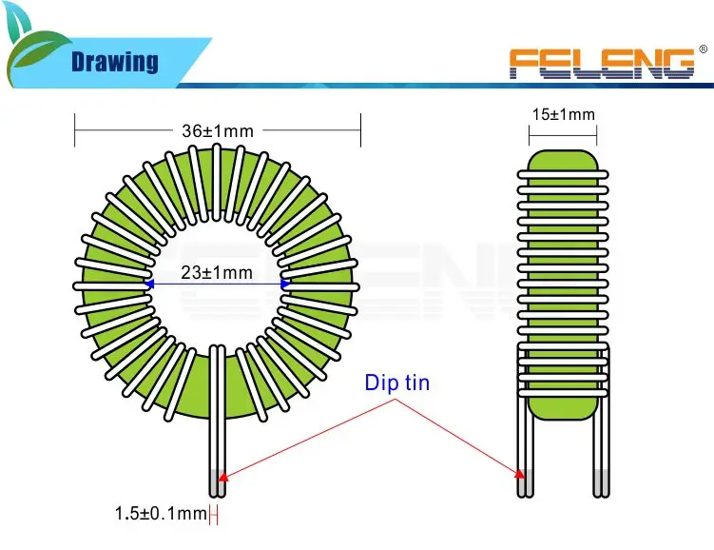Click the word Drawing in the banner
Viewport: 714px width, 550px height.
[x=115, y=63]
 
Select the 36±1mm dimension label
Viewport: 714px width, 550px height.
[x=218, y=130]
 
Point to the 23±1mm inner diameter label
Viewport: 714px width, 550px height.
[x=218, y=273]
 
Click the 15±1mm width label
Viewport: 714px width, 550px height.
[x=563, y=115]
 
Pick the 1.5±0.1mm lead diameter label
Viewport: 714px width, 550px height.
[x=161, y=515]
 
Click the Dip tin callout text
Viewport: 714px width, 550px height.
[x=397, y=383]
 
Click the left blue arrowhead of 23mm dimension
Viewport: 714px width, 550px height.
[x=149, y=283]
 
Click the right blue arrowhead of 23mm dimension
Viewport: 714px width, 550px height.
[x=285, y=283]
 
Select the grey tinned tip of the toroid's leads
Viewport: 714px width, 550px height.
[x=217, y=484]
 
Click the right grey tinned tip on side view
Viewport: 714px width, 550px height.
[x=600, y=483]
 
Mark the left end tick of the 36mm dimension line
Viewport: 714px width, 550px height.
[x=74, y=130]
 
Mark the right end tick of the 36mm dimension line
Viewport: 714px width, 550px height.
[x=360, y=130]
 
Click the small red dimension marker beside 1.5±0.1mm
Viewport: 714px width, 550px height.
[x=214, y=516]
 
